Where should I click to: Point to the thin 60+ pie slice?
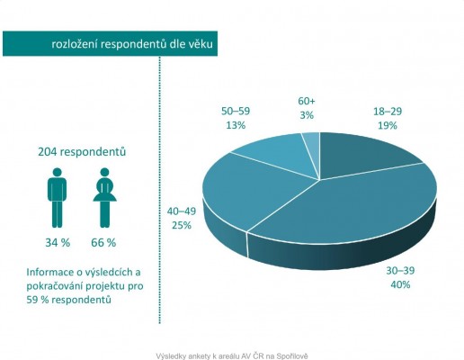(310, 140)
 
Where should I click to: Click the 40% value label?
(400, 284)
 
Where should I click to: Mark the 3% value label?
(308, 115)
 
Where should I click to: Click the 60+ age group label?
(308, 102)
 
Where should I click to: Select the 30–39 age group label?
(400, 271)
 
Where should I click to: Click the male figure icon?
(58, 195)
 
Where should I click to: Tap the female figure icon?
(104, 195)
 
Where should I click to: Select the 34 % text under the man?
(58, 242)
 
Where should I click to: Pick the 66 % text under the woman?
(104, 242)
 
